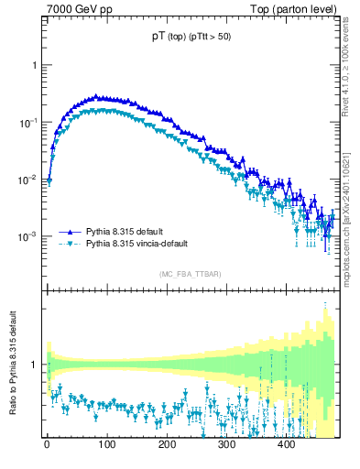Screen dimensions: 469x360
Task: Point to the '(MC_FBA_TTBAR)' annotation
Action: [x=191, y=274]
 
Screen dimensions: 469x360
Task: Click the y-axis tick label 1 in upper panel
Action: [x=36, y=66]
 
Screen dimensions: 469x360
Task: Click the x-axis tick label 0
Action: [x=47, y=444]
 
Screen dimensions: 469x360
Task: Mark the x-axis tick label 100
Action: [x=106, y=444]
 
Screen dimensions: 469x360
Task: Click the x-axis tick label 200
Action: [x=167, y=444]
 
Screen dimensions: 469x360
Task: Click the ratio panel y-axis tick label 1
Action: [x=36, y=365]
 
